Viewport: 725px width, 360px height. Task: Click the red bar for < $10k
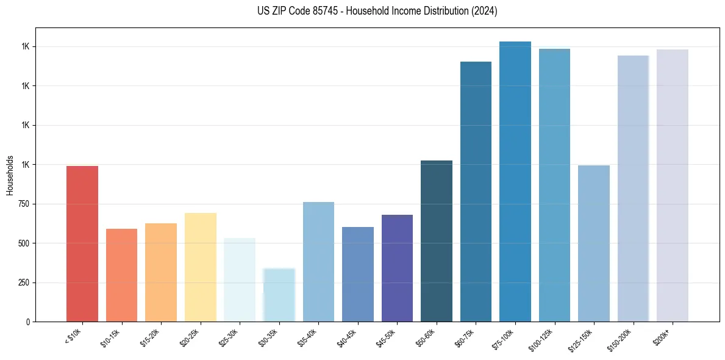(82, 243)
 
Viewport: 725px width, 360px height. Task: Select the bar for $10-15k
(121, 275)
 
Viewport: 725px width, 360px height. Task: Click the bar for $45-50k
(397, 268)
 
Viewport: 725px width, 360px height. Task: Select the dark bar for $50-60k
(437, 241)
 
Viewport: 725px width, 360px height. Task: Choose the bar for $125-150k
(594, 243)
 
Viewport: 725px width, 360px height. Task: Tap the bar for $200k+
(673, 185)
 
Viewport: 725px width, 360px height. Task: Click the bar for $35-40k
(318, 262)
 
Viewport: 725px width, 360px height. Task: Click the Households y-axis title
(10, 175)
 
